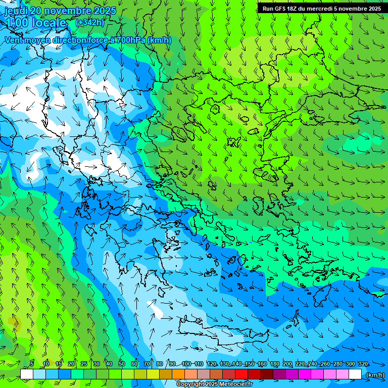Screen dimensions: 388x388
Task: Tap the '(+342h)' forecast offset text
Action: click(89, 22)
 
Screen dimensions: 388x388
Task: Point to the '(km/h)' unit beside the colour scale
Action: click(374, 374)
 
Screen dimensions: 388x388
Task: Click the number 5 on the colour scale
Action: click(32, 364)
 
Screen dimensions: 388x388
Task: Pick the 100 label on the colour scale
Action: click(186, 364)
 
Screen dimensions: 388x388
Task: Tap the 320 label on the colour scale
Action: click(363, 364)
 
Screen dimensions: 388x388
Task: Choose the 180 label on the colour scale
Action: click(275, 364)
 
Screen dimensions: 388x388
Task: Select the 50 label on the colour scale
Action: click(122, 364)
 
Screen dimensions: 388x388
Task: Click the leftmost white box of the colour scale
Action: click(27, 374)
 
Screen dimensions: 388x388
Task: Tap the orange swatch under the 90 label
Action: click(178, 374)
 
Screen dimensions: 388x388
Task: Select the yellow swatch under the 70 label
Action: click(153, 374)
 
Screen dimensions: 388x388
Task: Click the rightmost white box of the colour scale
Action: click(355, 374)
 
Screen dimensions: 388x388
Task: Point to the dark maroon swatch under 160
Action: click(267, 374)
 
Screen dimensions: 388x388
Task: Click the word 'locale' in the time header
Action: click(47, 23)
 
